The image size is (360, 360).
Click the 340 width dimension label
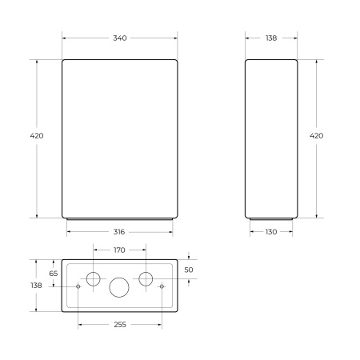pos(120,38)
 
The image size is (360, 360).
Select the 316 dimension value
pos(119,232)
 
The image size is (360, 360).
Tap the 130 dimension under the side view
pos(271,232)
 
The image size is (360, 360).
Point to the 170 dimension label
pos(119,250)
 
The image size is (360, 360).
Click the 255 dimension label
pos(120,325)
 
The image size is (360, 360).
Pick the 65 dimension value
pos(54,274)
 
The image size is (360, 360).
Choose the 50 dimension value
pos(189,270)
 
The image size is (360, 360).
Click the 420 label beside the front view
pos(37,136)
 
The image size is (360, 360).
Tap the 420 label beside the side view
pos(316,136)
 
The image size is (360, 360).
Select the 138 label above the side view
pos(271,38)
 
